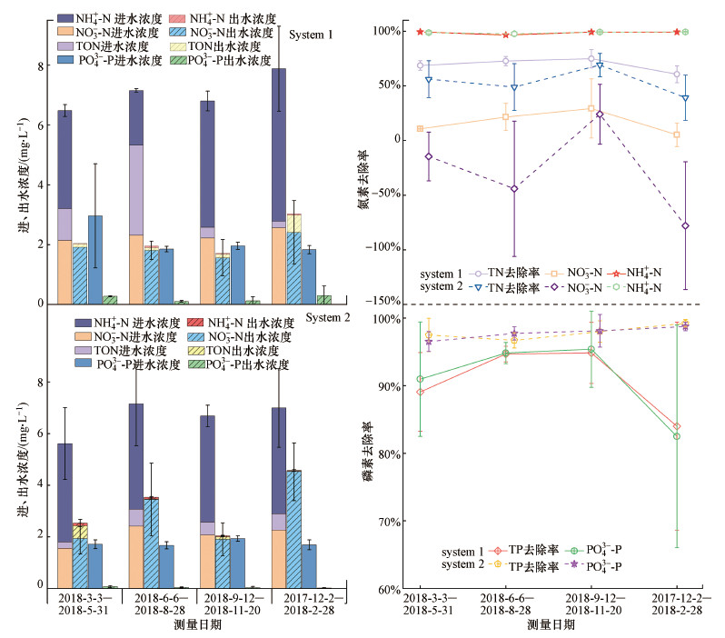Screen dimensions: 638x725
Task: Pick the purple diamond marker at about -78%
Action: click(685, 225)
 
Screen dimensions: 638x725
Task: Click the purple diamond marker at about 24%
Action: click(599, 114)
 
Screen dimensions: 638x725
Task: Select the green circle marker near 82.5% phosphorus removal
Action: click(677, 436)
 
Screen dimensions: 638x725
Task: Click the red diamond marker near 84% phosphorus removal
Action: click(677, 426)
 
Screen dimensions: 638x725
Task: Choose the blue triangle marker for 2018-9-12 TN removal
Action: click(600, 65)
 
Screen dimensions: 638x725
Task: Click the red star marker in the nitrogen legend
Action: click(624, 273)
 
